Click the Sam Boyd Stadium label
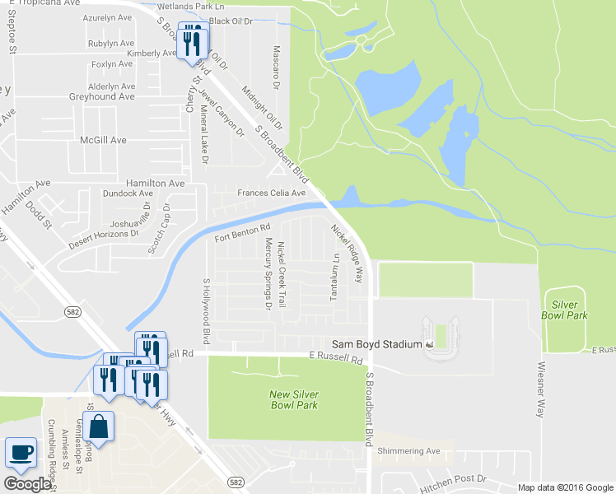pos(376,344)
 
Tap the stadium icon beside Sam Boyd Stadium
pos(429,344)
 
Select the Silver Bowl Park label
pos(565,310)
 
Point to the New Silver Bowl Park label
pos(294,399)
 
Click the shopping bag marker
pos(98,427)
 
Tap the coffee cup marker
pos(21,453)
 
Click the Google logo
pos(26,484)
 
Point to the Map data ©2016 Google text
pos(564,487)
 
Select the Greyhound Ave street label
pos(101,96)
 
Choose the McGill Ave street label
pos(103,140)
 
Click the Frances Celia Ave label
pos(271,193)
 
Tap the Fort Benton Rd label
pos(243,233)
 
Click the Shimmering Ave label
pos(408,451)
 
